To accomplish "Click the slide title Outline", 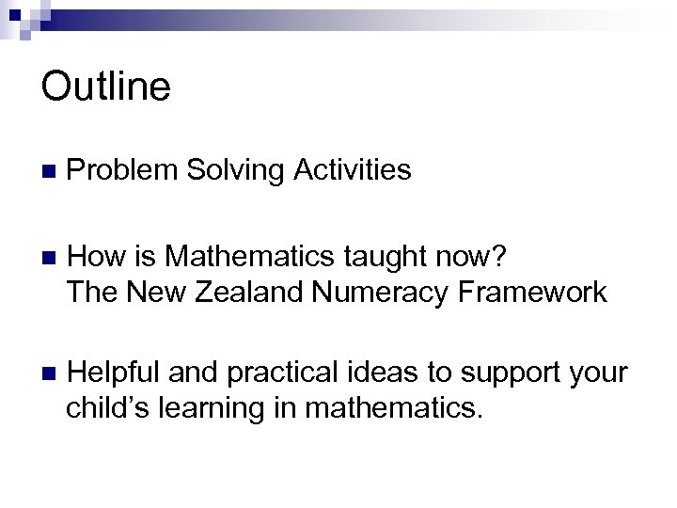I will pyautogui.click(x=106, y=87).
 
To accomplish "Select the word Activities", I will pyautogui.click(x=353, y=170).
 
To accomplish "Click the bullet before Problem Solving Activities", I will pyautogui.click(x=48, y=171).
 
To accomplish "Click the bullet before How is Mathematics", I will pyautogui.click(x=48, y=257).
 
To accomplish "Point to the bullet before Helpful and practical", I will pyautogui.click(x=48, y=373).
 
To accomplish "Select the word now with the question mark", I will pyautogui.click(x=477, y=256).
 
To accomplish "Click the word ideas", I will pyautogui.click(x=393, y=372).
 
